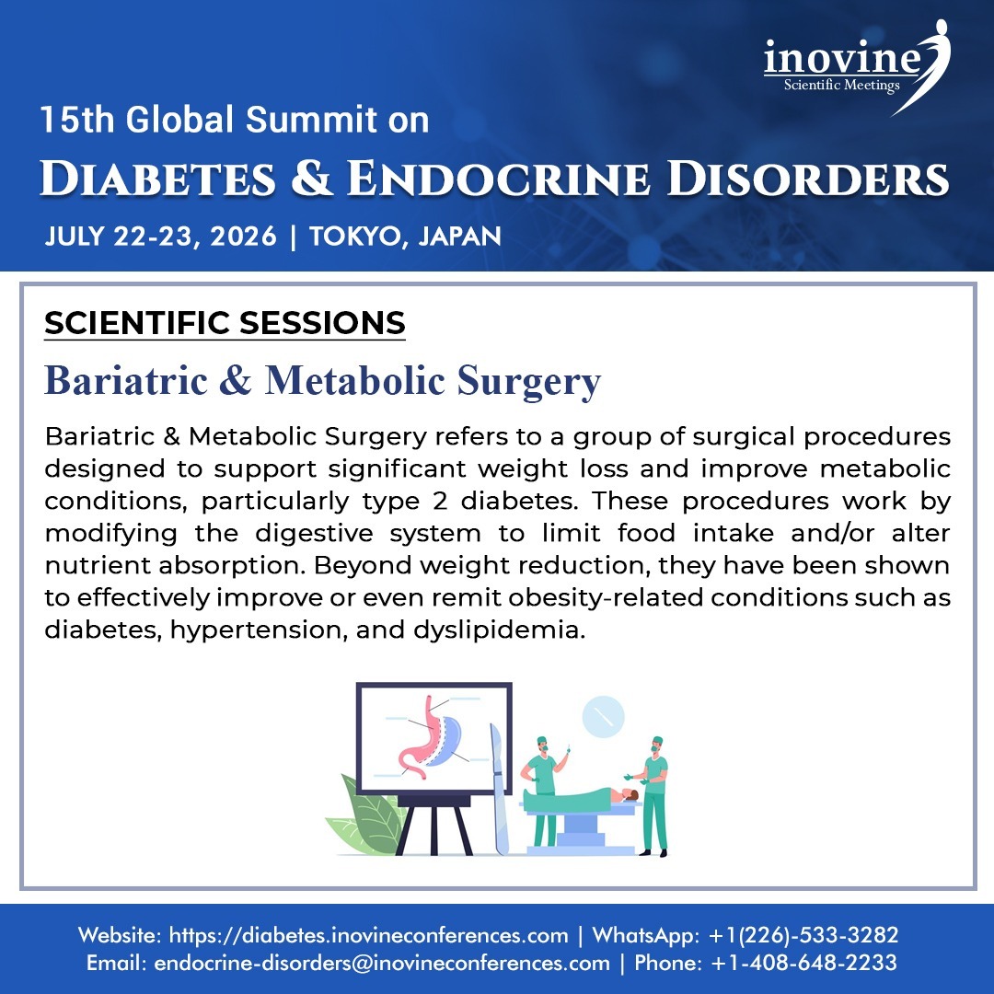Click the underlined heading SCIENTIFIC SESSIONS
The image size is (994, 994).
[x=225, y=323]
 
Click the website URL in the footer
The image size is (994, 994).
[x=369, y=936]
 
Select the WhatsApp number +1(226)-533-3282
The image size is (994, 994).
[x=803, y=936]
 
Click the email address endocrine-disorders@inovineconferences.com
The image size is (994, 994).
[x=382, y=964]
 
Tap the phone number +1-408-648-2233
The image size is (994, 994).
[x=803, y=964]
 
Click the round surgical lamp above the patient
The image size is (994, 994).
[x=603, y=716]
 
